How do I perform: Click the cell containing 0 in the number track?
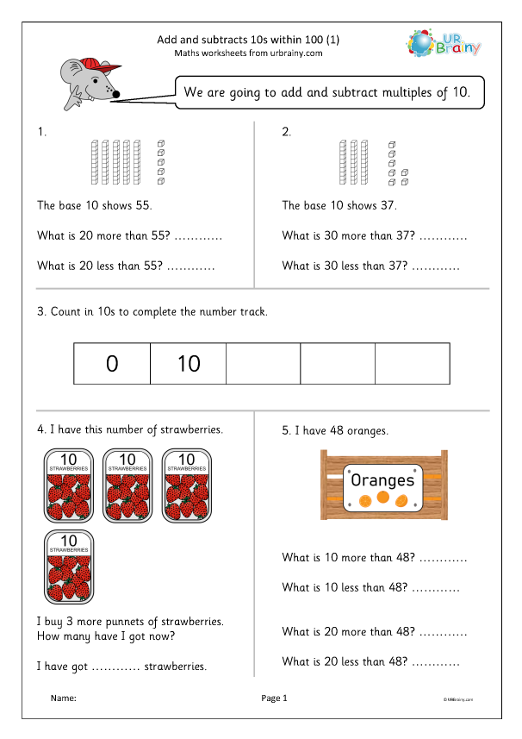pyautogui.click(x=112, y=363)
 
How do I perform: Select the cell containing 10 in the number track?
pyautogui.click(x=188, y=363)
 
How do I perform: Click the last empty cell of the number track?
pyautogui.click(x=412, y=363)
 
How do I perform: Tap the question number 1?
pyautogui.click(x=40, y=132)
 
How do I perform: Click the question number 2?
pyautogui.click(x=287, y=132)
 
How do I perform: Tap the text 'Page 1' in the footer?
pyautogui.click(x=273, y=698)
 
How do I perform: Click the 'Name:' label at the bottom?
pyautogui.click(x=64, y=698)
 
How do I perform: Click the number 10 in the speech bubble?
pyautogui.click(x=461, y=93)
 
